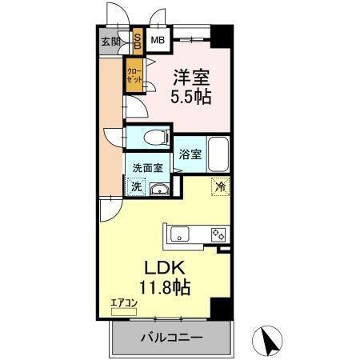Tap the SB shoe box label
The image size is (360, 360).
click(137, 41)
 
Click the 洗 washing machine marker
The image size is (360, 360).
click(135, 186)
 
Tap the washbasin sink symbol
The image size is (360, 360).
click(159, 188)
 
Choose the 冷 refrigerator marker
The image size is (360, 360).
click(218, 186)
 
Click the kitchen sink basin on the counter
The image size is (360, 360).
click(178, 234)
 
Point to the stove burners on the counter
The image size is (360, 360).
click(218, 234)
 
